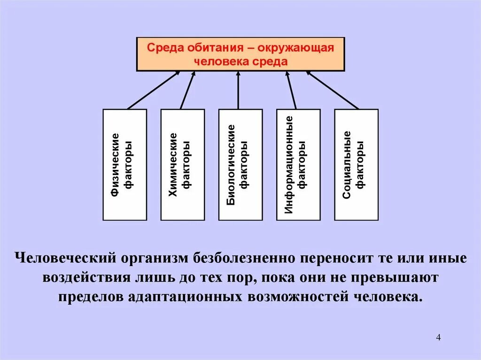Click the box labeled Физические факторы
124,165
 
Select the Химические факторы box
182,165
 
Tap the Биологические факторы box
240,165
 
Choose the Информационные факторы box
298,165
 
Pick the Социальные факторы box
356,165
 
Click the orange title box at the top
240,54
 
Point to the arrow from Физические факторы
154,90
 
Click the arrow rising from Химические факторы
187,90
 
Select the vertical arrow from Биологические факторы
238,90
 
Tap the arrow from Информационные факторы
291,90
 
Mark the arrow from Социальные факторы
332,90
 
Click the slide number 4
438,338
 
